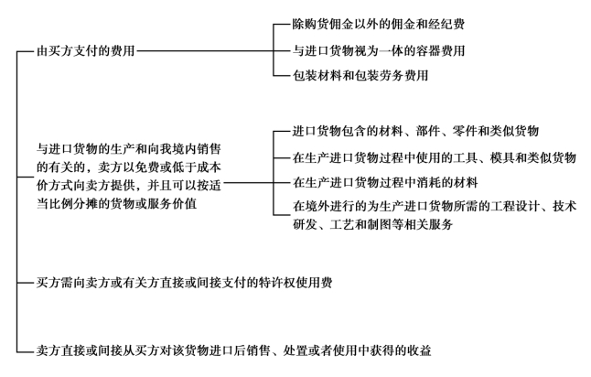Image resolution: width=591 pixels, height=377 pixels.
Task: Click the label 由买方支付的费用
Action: pyautogui.click(x=86, y=50)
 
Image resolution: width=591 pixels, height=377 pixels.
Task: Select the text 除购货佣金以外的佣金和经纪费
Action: pyautogui.click(x=379, y=24)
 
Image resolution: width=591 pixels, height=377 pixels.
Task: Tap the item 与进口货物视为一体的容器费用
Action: pyautogui.click(x=379, y=50)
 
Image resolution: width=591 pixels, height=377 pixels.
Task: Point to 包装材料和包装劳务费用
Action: pyautogui.click(x=360, y=75)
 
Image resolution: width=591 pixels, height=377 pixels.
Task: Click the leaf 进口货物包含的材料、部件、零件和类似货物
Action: pyautogui.click(x=415, y=131)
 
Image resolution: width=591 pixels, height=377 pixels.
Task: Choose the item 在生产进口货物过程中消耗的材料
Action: pyautogui.click(x=385, y=182)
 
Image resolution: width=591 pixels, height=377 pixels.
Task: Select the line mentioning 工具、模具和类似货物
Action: pyautogui.click(x=435, y=157)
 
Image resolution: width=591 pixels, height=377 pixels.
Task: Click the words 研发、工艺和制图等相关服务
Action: pyautogui.click(x=372, y=225)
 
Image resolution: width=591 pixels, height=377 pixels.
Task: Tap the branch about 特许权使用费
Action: pyautogui.click(x=184, y=283)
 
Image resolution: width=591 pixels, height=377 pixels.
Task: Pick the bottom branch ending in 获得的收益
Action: pyautogui.click(x=233, y=350)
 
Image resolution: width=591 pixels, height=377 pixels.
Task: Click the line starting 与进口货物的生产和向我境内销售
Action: pyautogui.click(x=128, y=149)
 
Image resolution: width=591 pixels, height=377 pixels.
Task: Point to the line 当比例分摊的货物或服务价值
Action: pyautogui.click(x=116, y=204)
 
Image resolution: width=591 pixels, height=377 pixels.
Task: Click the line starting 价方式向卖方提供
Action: pyautogui.click(x=128, y=186)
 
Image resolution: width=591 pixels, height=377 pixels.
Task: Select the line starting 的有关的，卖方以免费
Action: pyautogui.click(x=128, y=167)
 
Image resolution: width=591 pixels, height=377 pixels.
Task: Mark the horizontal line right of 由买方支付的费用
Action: pyautogui.click(x=205, y=51)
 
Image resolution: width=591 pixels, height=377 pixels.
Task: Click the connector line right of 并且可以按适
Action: pyautogui.click(x=249, y=183)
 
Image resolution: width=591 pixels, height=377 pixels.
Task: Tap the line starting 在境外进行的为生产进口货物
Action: pyautogui.click(x=435, y=206)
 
